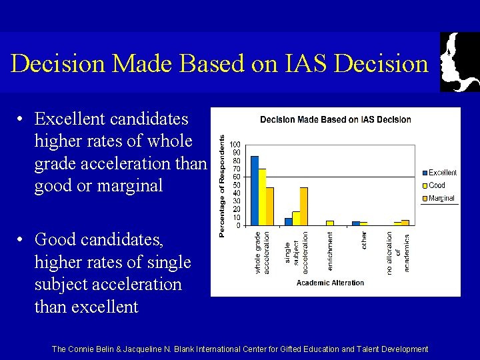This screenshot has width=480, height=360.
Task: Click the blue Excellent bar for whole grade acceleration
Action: [255, 191]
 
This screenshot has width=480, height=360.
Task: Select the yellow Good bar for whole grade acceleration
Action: [262, 197]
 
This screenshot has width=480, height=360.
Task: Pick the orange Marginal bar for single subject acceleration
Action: [303, 206]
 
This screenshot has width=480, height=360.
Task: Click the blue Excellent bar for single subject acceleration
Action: [288, 221]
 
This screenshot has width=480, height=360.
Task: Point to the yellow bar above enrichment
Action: [330, 223]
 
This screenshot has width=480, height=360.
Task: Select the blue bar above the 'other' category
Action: [356, 223]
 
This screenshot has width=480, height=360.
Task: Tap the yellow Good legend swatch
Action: [423, 185]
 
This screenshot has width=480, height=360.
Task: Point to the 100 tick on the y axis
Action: [235, 145]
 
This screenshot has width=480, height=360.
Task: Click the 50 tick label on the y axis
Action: [235, 185]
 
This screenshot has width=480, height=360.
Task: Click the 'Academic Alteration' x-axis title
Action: [330, 283]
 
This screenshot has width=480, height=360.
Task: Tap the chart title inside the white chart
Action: [335, 120]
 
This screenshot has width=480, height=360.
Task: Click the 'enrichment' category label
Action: [330, 251]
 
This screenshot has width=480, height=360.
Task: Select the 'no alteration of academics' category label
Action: [398, 251]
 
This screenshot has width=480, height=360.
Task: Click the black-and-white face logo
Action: [459, 61]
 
